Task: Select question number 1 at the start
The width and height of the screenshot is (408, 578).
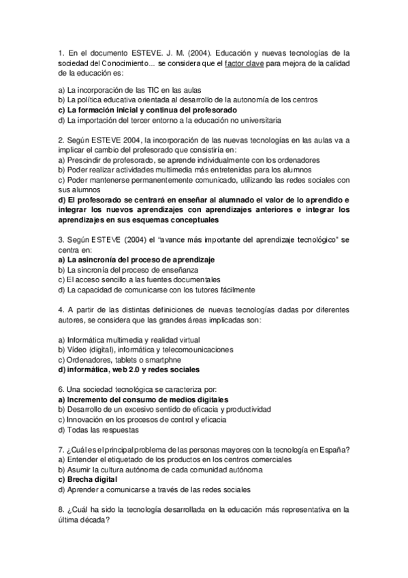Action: pyautogui.click(x=61, y=51)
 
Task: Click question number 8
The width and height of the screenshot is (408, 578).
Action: pyautogui.click(x=61, y=508)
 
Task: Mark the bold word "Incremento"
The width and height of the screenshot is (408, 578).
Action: pyautogui.click(x=91, y=399)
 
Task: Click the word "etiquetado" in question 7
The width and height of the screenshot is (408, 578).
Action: pyautogui.click(x=116, y=459)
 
